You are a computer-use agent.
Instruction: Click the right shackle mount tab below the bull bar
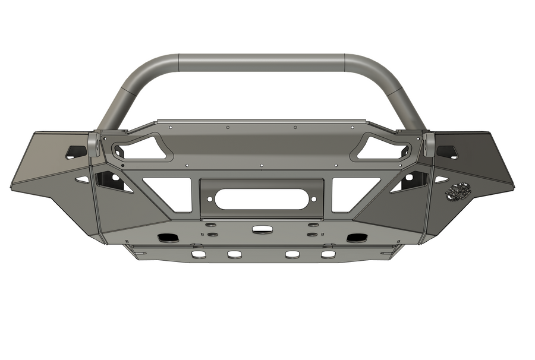(429, 144)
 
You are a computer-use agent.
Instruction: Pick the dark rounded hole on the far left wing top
(76, 151)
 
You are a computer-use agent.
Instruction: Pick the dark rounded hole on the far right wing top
(447, 151)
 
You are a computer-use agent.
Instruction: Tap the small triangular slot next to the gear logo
(440, 179)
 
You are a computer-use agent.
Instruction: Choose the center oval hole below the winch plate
(260, 229)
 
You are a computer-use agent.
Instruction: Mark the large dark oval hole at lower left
(166, 238)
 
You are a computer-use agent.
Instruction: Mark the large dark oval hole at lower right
(356, 238)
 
